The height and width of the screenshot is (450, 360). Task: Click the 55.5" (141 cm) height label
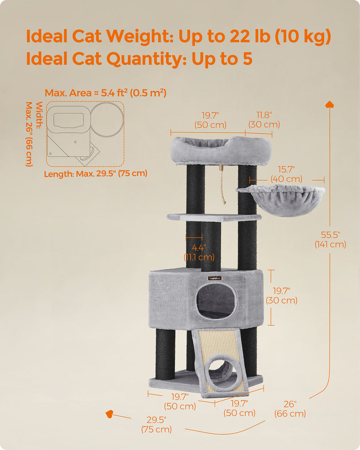pyautogui.click(x=330, y=239)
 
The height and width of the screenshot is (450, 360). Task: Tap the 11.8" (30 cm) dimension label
pyautogui.click(x=264, y=120)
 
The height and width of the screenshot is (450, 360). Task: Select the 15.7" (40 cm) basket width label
pyautogui.click(x=286, y=174)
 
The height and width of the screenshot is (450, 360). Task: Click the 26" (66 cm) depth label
pyautogui.click(x=290, y=409)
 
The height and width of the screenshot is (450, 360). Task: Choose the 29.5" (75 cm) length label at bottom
pyautogui.click(x=156, y=424)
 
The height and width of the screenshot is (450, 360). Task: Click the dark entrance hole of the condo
pyautogui.click(x=216, y=301)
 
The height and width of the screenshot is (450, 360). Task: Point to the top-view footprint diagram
pyautogui.click(x=85, y=134)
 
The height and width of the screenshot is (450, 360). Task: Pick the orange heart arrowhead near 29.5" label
pyautogui.click(x=110, y=414)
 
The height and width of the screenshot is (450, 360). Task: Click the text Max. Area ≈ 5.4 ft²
pyautogui.click(x=105, y=93)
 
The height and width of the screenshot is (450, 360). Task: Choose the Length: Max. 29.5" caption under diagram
pyautogui.click(x=95, y=173)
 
